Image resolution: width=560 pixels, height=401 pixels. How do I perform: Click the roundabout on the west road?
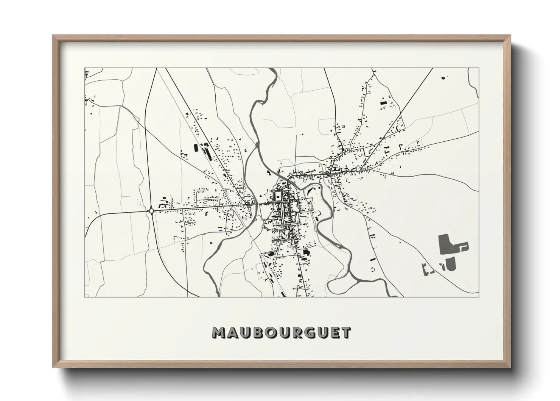(151, 211)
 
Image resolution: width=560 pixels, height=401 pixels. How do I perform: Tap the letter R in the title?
(296, 333)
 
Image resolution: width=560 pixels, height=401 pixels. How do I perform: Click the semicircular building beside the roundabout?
(163, 205)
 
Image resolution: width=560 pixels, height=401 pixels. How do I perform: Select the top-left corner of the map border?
(85, 68)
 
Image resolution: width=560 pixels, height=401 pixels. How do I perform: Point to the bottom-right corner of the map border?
(479, 297)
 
